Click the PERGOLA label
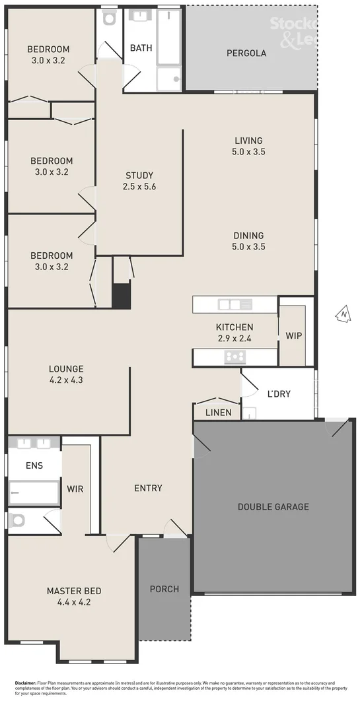pos(246,53)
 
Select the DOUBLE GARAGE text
pos(273,507)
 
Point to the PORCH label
pos(164,589)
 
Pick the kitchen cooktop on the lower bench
pos(235,357)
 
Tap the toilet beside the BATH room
pos(109,18)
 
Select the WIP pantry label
pos(294,336)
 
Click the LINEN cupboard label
pos(219,413)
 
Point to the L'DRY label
pos(279,394)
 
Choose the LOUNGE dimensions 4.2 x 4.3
pos(66,380)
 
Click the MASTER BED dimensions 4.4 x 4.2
pos(74,602)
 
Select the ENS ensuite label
pos(34,465)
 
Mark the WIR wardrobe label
pos(74,489)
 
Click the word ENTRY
pos(148,489)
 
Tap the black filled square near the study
pos(121,295)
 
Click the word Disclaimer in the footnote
pos(26,683)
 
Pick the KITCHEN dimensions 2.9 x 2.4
pos(234,338)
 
